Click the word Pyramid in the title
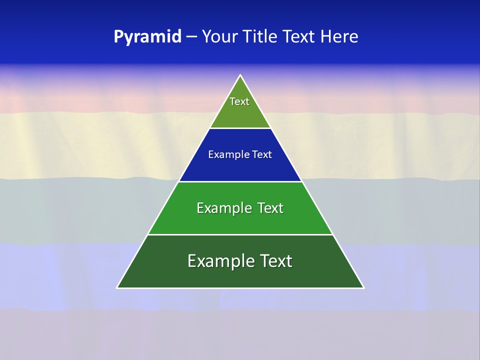tap(147, 37)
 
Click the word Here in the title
tap(339, 37)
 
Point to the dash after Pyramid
tap(191, 37)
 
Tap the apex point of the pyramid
tap(240, 75)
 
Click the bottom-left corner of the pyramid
tap(117, 287)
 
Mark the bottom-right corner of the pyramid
tap(363, 287)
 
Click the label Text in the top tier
tap(239, 101)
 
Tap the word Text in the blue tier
tap(262, 154)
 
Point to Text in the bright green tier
tap(270, 208)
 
